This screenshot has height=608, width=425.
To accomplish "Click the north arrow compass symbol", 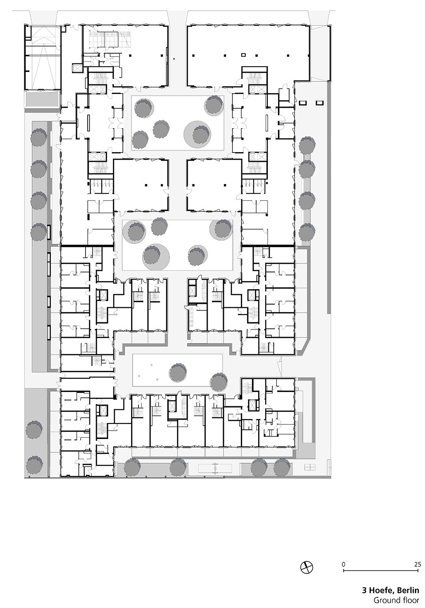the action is click(306, 567).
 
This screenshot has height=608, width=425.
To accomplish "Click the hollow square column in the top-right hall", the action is click(243, 55).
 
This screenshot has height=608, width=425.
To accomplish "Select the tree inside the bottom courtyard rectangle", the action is click(178, 373).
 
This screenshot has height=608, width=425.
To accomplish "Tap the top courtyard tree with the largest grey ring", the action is click(198, 134).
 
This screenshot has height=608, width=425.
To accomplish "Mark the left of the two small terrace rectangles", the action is click(302, 103).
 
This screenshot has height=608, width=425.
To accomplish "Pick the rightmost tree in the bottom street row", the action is click(282, 468).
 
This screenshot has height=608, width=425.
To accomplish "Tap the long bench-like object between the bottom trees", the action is click(215, 468).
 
